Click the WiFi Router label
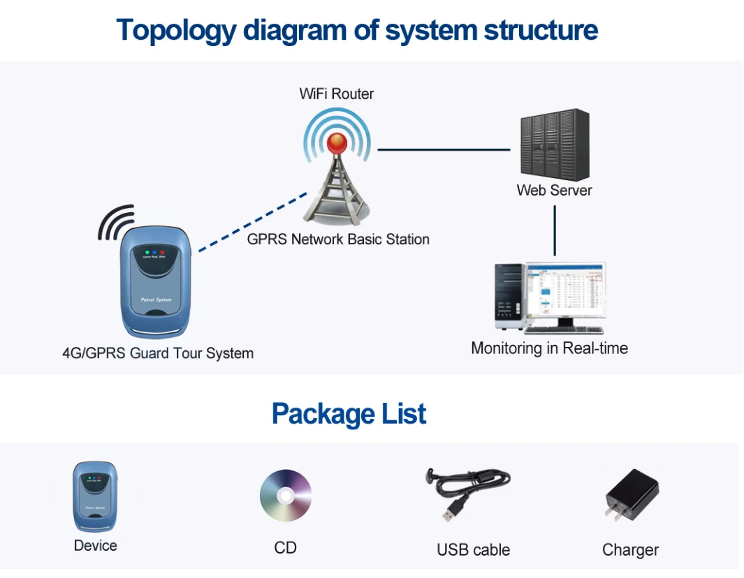click(x=337, y=94)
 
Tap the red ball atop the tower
click(x=338, y=143)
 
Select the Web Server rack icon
click(x=554, y=144)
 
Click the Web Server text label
click(x=554, y=190)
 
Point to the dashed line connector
click(x=253, y=220)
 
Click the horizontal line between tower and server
click(x=444, y=149)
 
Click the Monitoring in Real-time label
click(x=549, y=348)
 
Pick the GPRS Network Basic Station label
click(x=338, y=239)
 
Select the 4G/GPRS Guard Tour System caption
click(x=158, y=353)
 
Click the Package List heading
click(x=349, y=414)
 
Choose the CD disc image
click(x=286, y=495)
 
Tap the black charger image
click(x=632, y=496)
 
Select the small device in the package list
click(x=95, y=496)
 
